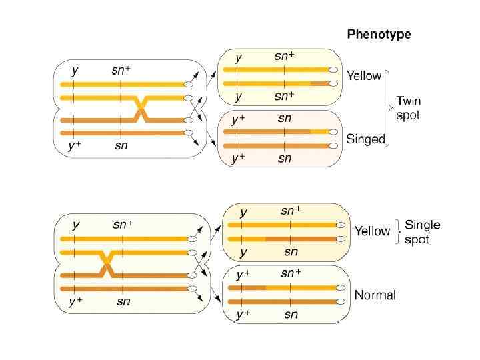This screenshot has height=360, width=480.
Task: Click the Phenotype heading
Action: click(x=379, y=34)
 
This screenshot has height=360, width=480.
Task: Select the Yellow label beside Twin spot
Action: click(x=364, y=76)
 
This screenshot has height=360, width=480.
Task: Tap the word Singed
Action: click(x=366, y=139)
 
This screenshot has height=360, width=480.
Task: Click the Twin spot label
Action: click(x=409, y=108)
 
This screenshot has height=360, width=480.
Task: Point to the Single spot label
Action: click(x=423, y=232)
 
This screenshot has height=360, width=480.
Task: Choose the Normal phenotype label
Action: click(x=375, y=295)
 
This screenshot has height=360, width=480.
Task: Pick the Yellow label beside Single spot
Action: click(x=372, y=231)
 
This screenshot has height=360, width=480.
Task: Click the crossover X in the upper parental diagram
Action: click(x=141, y=109)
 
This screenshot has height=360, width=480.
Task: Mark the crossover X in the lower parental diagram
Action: click(x=106, y=263)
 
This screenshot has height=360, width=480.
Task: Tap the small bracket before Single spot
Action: click(x=399, y=231)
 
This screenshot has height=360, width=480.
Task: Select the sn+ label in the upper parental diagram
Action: click(x=121, y=69)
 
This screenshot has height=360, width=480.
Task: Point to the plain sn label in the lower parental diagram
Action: click(x=123, y=301)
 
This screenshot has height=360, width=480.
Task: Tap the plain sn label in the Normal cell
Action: click(x=291, y=315)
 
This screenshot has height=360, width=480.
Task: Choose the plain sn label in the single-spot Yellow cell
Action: click(x=291, y=252)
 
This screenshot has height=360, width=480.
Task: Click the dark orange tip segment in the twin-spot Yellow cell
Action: click(x=320, y=83)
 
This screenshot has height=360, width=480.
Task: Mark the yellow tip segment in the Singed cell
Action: click(x=320, y=132)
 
